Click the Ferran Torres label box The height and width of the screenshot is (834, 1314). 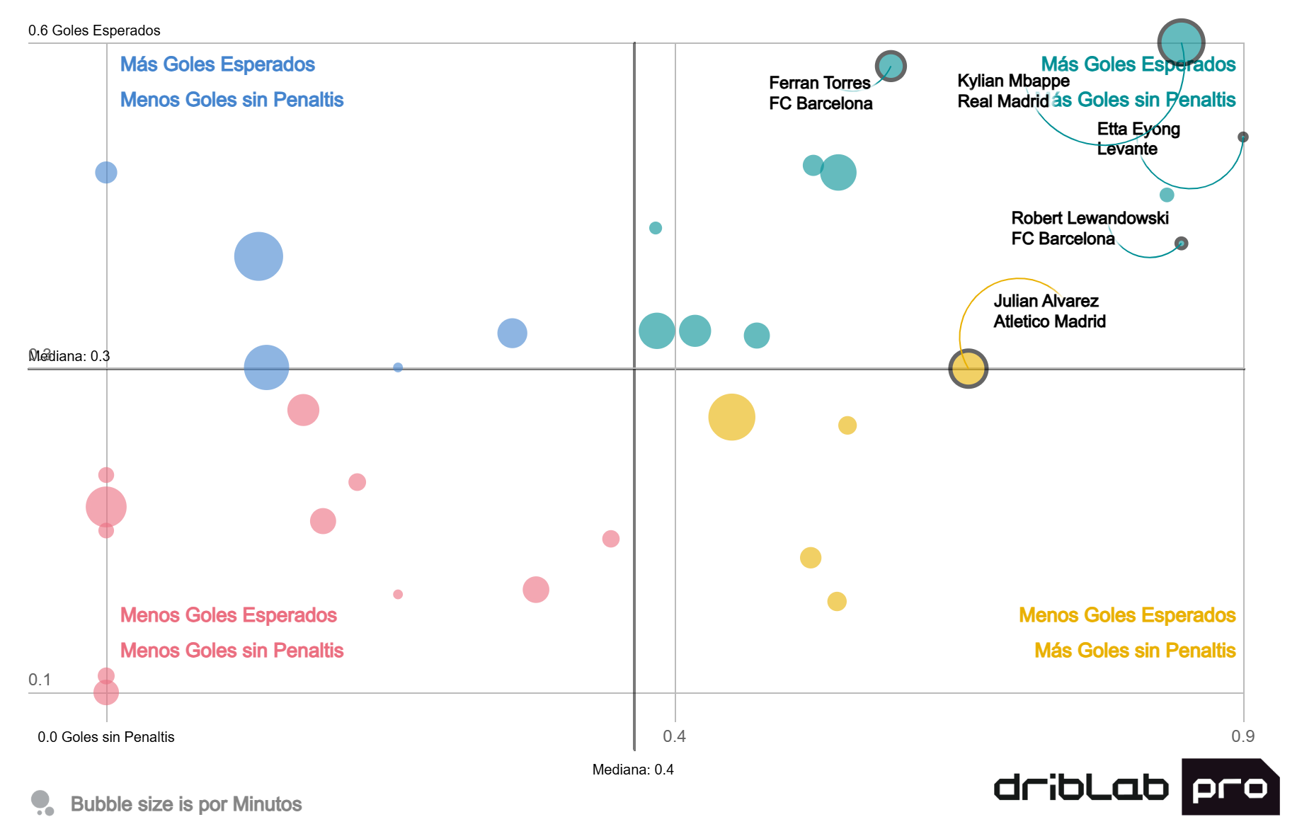[x=821, y=93]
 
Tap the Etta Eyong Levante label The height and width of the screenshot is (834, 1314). [x=1138, y=139]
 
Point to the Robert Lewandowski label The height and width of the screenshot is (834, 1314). [x=1089, y=228]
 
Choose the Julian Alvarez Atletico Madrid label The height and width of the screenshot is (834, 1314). [x=1049, y=312]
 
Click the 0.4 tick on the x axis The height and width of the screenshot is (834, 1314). [x=674, y=736]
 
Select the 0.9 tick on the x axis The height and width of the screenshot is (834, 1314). [x=1242, y=736]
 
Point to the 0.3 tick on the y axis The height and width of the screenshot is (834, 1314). [x=40, y=355]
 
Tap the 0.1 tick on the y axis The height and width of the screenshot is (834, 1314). [x=40, y=680]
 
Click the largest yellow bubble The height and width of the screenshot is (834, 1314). [x=731, y=417]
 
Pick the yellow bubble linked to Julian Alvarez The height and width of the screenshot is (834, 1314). [x=968, y=369]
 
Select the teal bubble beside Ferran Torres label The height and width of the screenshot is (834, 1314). [x=891, y=66]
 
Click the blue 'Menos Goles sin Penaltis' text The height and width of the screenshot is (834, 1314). [x=232, y=100]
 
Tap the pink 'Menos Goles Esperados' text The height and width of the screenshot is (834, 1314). [x=228, y=615]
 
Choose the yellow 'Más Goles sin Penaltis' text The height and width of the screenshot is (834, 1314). [x=1135, y=651]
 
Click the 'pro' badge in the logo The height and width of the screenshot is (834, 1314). [x=1229, y=787]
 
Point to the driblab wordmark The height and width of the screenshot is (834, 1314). [x=1081, y=788]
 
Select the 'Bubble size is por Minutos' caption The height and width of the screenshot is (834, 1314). [x=186, y=804]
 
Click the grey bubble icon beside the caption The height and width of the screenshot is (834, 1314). [x=42, y=803]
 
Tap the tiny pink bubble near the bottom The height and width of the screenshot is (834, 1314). [x=398, y=594]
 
